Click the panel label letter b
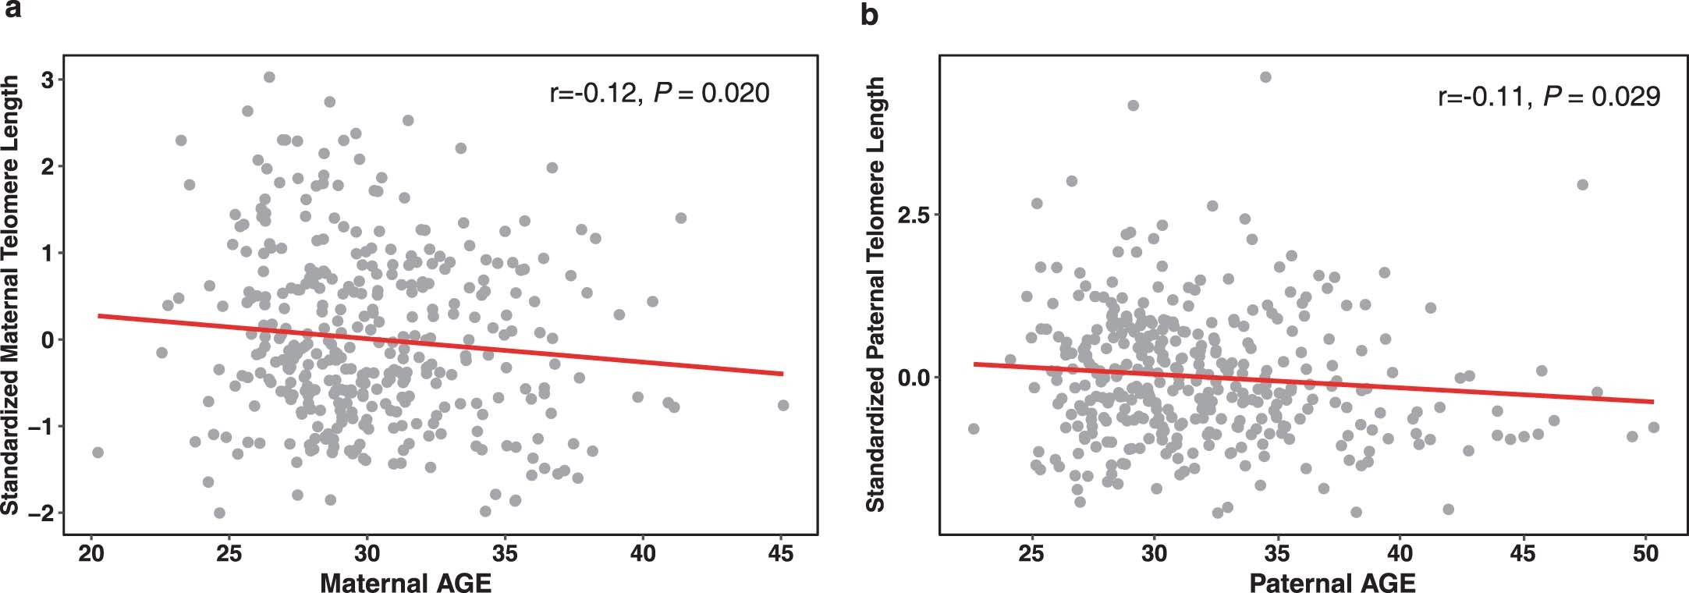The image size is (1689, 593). tap(869, 13)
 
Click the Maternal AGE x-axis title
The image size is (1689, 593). tap(406, 582)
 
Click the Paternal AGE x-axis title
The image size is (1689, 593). tap(1332, 582)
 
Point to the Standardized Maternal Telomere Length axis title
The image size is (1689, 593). tap(10, 294)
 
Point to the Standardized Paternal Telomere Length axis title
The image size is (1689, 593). tap(876, 294)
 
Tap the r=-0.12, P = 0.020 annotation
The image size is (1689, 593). tap(659, 94)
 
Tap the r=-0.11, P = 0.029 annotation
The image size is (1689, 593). tap(1549, 96)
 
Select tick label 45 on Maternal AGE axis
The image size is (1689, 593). tap(781, 553)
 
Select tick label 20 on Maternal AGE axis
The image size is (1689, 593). tap(91, 553)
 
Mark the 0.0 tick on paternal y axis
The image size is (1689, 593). tap(914, 377)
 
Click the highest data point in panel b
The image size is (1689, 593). tap(1265, 76)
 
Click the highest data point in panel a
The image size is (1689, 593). tap(269, 76)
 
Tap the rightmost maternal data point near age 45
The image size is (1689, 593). tap(783, 405)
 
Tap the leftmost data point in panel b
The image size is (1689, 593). tap(973, 428)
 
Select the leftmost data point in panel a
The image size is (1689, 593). tap(98, 452)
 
